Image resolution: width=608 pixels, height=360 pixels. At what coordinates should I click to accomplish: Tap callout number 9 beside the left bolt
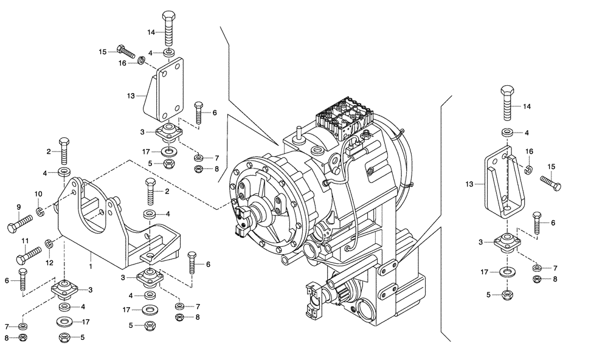pos(19,207)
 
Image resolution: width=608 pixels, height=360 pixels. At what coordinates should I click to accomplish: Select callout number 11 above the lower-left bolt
pos(25,241)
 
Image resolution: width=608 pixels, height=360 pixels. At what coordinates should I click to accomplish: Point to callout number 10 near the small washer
pos(38,194)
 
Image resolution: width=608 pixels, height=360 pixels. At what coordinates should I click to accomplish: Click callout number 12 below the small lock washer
pos(50,262)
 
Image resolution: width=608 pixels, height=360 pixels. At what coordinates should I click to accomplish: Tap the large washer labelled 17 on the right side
pos(506,272)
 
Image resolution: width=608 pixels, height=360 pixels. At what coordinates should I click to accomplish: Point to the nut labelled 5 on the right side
pos(506,296)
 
